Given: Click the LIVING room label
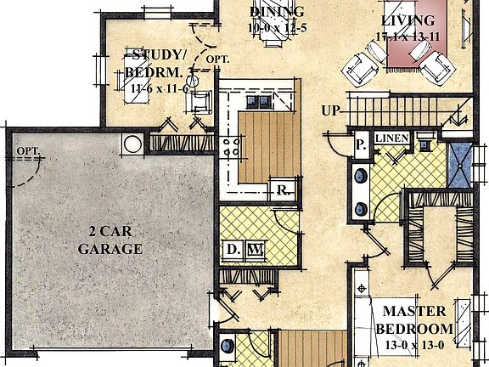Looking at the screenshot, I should (x=407, y=21).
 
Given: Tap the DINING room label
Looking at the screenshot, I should (x=277, y=12).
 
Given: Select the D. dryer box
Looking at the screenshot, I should (x=233, y=249).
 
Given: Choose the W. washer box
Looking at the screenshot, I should (x=254, y=249).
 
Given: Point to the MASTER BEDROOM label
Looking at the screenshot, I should (x=414, y=320).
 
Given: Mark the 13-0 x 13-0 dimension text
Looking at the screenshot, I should (x=416, y=344).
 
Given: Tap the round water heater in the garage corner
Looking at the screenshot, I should (x=133, y=144).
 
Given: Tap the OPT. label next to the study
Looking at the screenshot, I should (x=218, y=59).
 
